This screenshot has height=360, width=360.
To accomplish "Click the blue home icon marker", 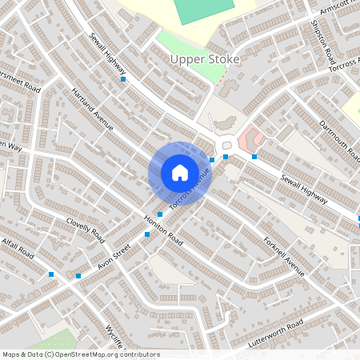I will point(180,173).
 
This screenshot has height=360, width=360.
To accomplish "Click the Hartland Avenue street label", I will point(93,109).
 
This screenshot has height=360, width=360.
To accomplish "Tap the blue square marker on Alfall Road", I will point(52,274).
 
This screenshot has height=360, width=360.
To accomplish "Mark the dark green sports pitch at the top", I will point(204,10).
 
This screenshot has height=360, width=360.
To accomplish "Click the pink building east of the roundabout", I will point(250,137).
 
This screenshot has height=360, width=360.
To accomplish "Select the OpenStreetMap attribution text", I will point(81,354).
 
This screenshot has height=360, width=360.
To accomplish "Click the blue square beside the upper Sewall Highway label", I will point(123,79).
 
